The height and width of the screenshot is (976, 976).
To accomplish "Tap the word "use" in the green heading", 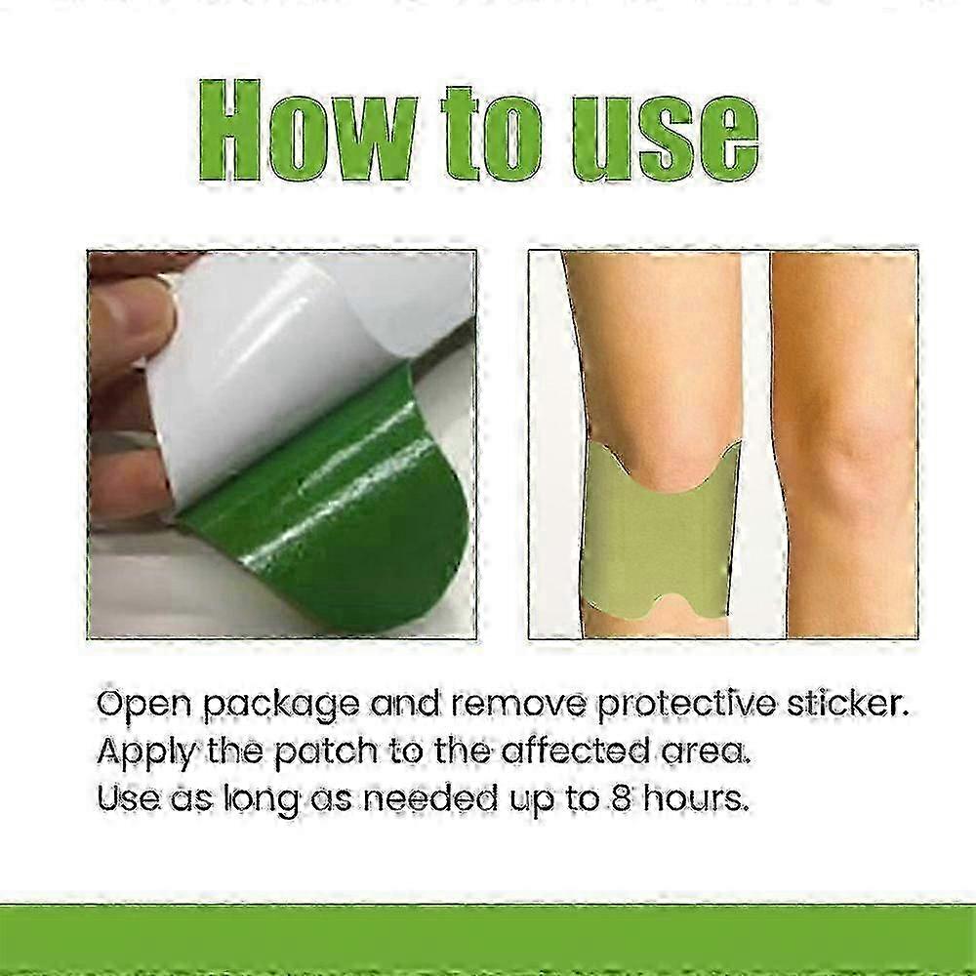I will [x=657, y=137].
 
